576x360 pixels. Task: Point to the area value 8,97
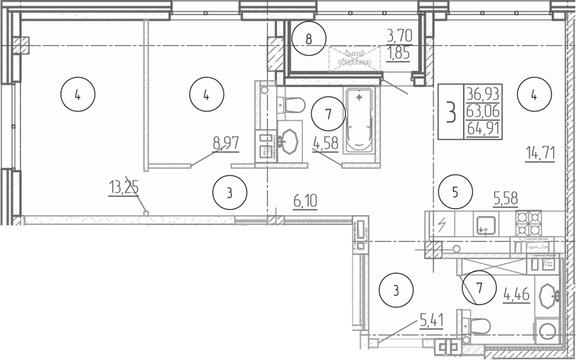[224, 142]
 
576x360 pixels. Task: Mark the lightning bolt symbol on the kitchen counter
[441, 224]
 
